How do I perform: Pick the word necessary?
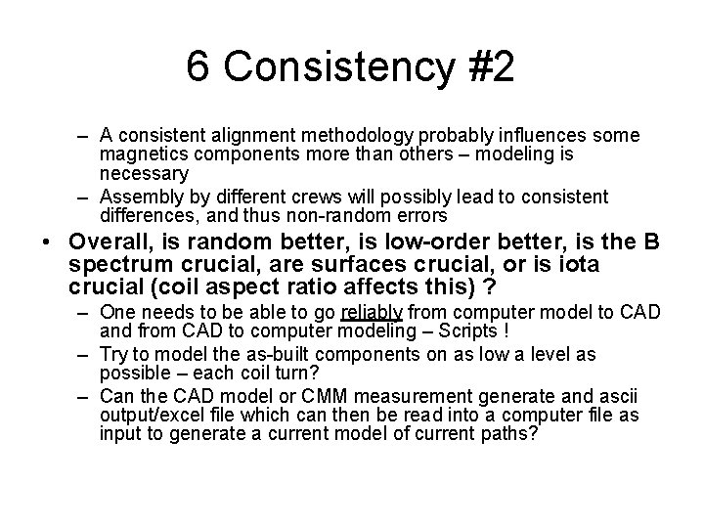point(144,174)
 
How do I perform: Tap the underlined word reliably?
point(372,312)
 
